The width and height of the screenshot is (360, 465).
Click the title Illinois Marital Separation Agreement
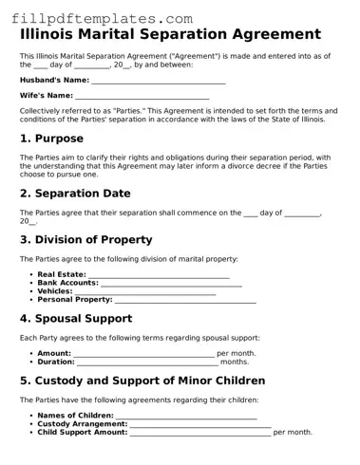[x=170, y=35]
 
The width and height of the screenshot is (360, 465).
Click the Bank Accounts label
[x=67, y=283]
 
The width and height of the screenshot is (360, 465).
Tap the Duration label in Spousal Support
[x=56, y=362]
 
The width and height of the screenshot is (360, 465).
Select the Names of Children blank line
[x=186, y=418]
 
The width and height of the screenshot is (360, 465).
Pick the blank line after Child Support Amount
[x=200, y=434]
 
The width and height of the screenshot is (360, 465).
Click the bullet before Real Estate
[x=32, y=275]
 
